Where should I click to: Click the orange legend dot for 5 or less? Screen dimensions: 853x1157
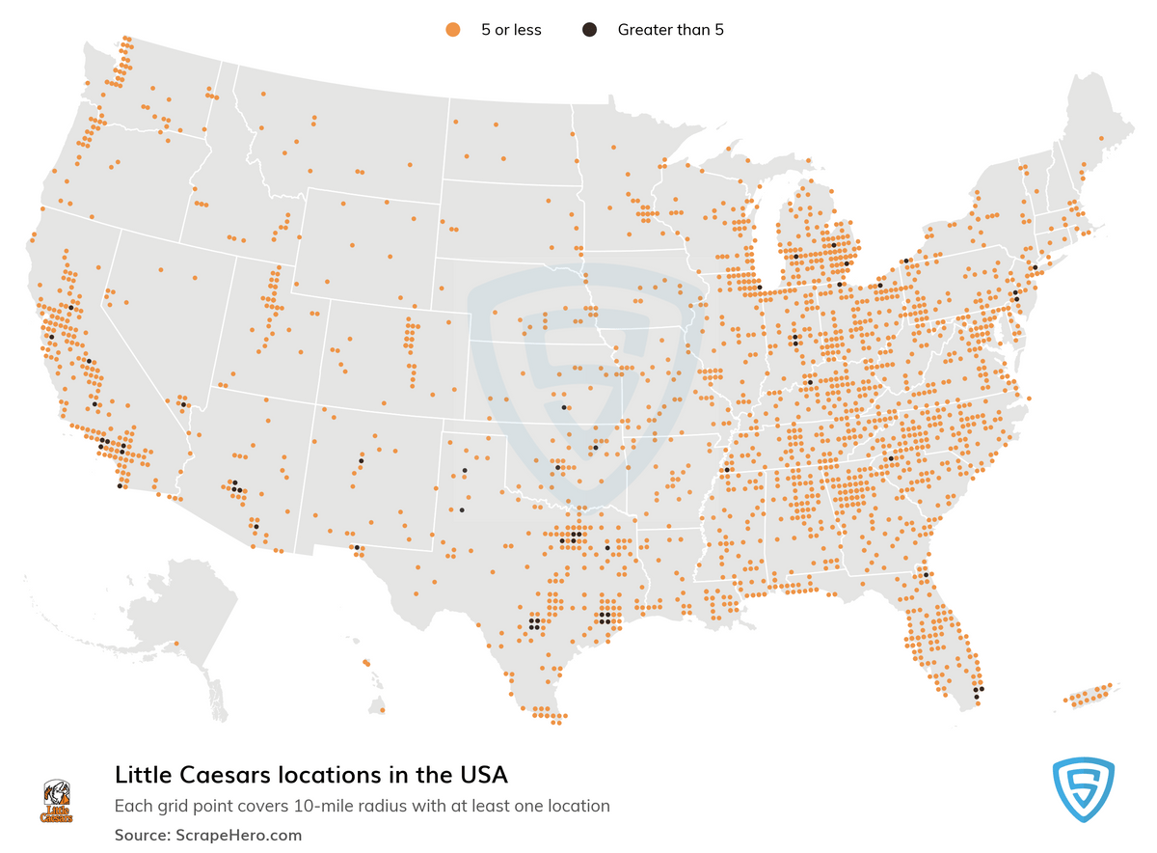[452, 30]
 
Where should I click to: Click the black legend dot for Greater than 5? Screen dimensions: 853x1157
[588, 30]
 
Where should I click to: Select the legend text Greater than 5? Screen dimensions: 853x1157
[670, 30]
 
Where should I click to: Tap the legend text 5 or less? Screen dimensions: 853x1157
[511, 30]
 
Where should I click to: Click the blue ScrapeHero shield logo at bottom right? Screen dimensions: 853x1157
[1083, 790]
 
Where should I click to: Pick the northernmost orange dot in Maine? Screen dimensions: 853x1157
[1101, 139]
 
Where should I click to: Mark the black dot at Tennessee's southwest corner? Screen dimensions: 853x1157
[725, 470]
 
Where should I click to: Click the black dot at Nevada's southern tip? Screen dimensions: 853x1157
[183, 404]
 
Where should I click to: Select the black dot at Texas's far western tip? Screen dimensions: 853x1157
[357, 548]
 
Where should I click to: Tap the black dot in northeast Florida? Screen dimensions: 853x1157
[926, 575]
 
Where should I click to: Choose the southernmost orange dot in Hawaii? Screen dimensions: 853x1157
[383, 710]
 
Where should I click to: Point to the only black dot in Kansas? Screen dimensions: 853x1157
[564, 407]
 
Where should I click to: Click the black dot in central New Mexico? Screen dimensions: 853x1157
[361, 461]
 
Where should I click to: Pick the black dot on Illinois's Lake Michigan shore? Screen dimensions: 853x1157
[759, 288]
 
